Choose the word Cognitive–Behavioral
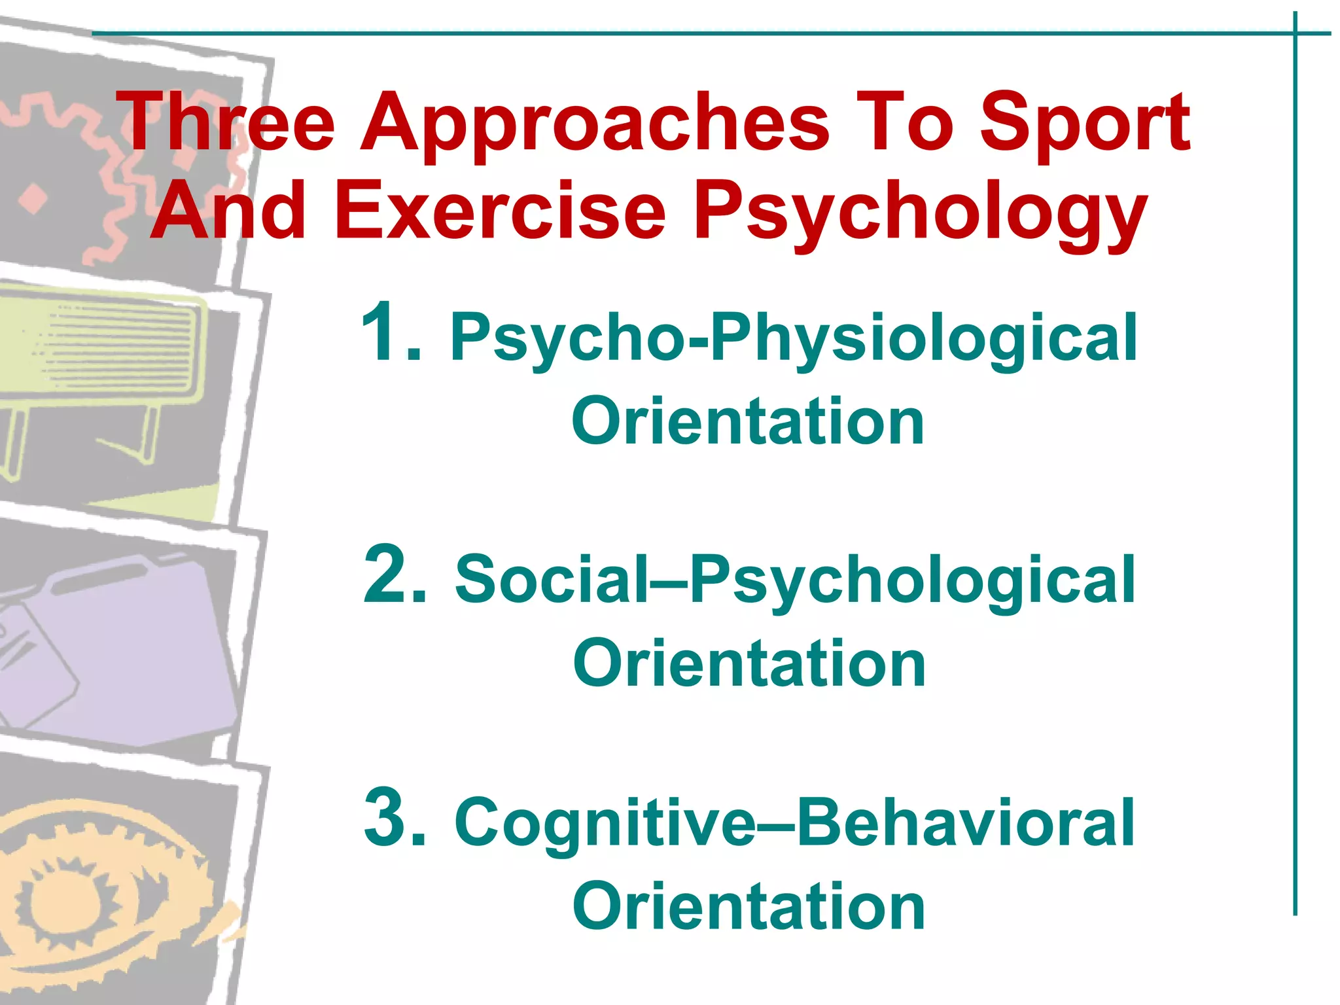point(794,823)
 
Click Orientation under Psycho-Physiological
point(748,422)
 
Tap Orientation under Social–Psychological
point(749,664)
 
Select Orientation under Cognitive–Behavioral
point(749,906)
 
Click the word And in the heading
point(229,211)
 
